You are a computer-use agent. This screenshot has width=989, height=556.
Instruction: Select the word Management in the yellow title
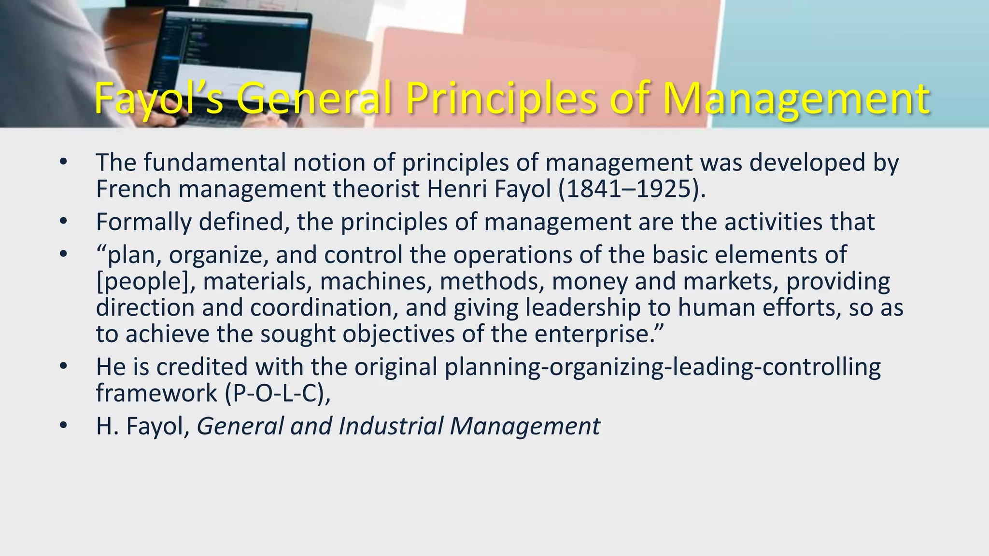coord(795,99)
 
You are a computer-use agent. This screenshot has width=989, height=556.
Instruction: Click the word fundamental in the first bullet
coord(214,162)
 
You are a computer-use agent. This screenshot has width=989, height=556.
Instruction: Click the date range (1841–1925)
coord(632,189)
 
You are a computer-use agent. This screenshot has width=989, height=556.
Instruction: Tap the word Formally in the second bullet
coord(143,222)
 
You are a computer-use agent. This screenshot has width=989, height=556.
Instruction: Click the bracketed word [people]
coord(145,281)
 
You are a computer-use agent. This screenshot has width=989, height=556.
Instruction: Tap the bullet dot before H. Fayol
coord(63,426)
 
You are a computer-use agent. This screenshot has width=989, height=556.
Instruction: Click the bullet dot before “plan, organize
coord(63,255)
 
